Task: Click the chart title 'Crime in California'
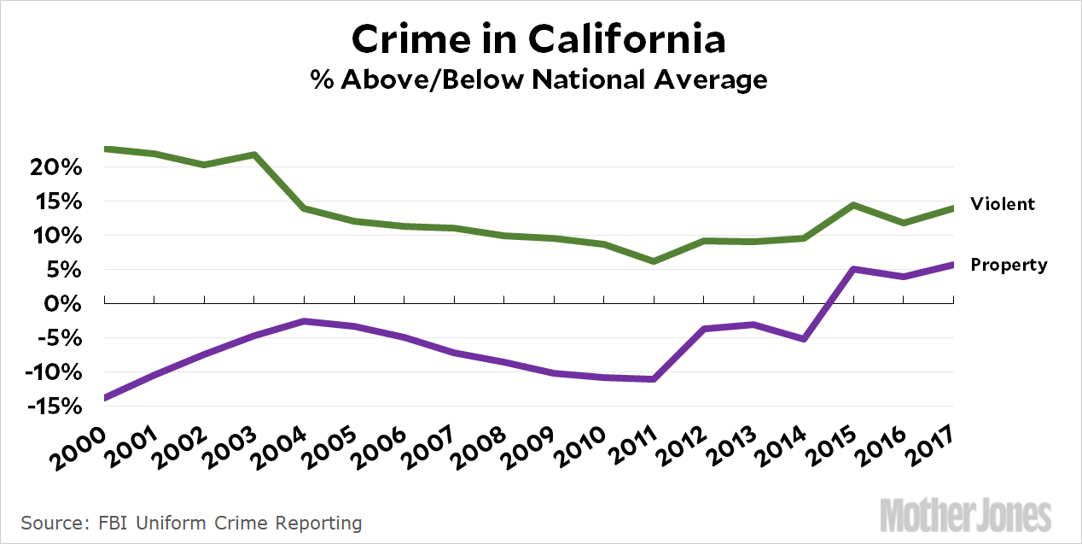click(540, 39)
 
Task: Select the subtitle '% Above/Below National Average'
click(540, 79)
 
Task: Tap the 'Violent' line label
click(1002, 204)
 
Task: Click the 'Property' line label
click(1009, 265)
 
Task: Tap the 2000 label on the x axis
click(81, 445)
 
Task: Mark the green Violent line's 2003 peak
click(254, 155)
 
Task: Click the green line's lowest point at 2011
click(654, 260)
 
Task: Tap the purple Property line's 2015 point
click(853, 269)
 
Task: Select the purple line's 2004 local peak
click(305, 321)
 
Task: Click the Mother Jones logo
click(965, 516)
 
